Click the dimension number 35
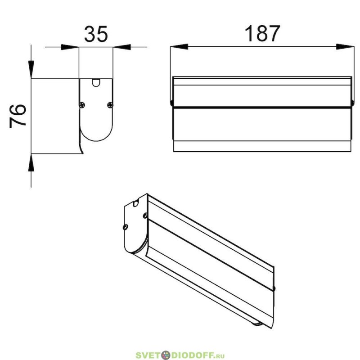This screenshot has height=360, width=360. pos(96,34)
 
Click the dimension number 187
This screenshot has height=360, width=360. pos(262,33)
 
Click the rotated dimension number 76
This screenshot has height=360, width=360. pos(18,116)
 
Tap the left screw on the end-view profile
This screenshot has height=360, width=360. pos(82,105)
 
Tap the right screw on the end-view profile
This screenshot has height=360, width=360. pos(110,105)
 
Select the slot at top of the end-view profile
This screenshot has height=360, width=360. pos(96,83)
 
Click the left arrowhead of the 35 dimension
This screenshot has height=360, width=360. pos(70,47)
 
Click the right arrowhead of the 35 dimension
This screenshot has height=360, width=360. pos(121,47)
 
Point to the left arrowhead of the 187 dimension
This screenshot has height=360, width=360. pos(179,47)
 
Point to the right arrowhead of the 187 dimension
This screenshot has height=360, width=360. pos(345,47)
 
